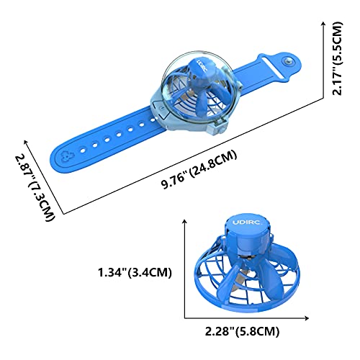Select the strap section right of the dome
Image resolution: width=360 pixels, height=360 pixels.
[x=259, y=72]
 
